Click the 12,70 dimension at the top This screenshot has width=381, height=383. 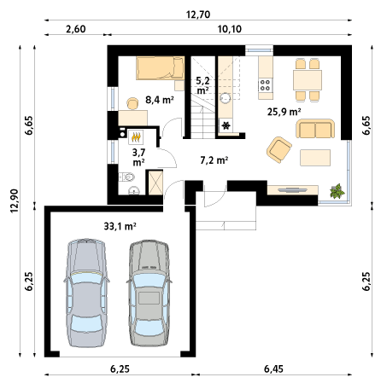198,15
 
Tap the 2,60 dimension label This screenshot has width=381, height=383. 76,29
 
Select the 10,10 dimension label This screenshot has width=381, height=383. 230,29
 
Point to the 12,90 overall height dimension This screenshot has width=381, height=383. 15,200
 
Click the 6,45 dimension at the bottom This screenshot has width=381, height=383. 273,368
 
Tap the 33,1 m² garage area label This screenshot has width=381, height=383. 120,226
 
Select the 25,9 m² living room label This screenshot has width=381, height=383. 284,112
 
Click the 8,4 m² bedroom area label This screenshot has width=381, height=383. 160,100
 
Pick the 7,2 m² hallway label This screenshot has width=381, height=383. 214,160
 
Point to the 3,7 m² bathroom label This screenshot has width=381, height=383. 138,157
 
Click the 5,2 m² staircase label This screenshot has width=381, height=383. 202,85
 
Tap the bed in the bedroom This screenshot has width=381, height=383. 160,67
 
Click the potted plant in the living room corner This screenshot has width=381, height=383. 337,191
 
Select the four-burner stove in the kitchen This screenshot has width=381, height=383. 266,85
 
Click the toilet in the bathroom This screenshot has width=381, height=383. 127,177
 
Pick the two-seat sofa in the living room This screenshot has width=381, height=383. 315,129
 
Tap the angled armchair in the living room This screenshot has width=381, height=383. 279,149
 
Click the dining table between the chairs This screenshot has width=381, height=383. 308,80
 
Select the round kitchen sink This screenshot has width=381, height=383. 226,98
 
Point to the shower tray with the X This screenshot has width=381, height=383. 155,183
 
